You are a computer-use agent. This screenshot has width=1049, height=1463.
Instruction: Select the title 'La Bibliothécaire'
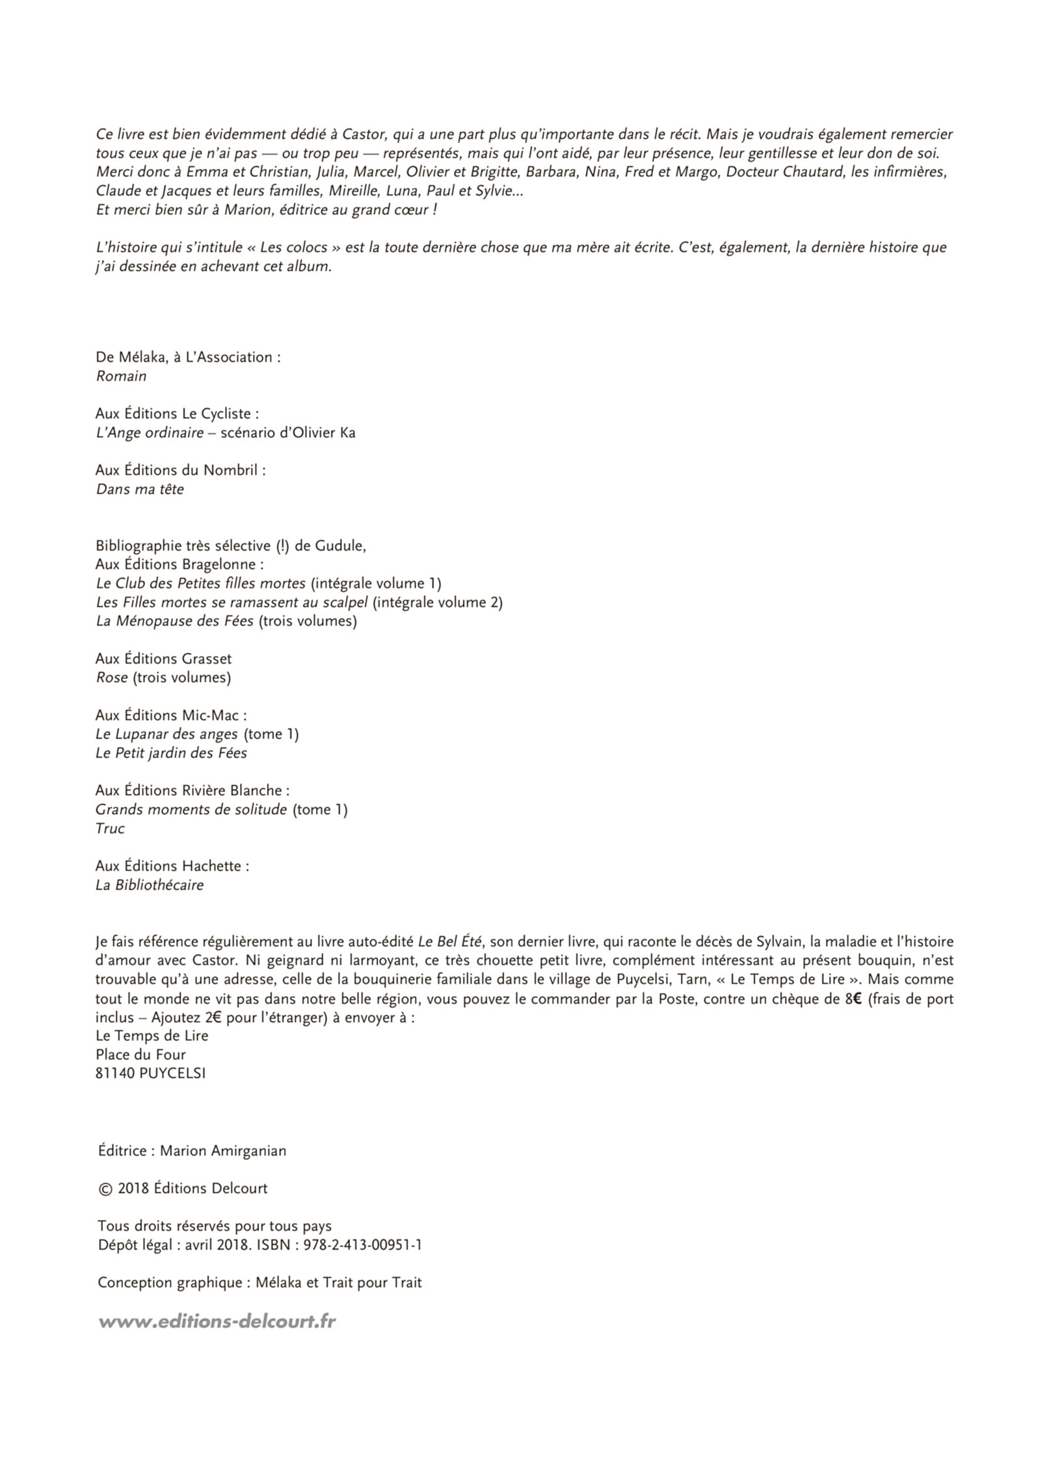click(150, 885)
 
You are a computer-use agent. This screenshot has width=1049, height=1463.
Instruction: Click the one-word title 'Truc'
click(110, 828)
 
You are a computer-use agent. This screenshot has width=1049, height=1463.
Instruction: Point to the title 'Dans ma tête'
click(140, 489)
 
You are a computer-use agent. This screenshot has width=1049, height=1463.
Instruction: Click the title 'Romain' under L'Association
click(121, 376)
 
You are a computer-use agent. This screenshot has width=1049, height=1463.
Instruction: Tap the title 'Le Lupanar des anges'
click(166, 734)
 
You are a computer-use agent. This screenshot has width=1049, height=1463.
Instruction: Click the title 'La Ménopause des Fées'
click(175, 621)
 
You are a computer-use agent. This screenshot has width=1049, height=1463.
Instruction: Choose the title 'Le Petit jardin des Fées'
click(171, 753)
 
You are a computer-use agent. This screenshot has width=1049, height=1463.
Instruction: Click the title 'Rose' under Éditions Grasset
click(112, 678)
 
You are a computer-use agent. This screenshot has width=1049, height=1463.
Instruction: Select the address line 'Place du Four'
click(140, 1055)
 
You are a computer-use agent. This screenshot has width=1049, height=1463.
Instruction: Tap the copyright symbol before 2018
click(105, 1189)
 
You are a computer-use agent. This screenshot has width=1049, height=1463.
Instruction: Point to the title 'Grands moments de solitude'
click(191, 810)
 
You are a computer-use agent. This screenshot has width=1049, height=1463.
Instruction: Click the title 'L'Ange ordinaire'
click(150, 432)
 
